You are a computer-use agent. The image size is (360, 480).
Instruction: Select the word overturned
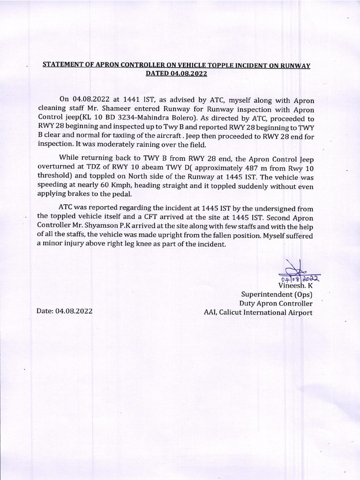click(57, 167)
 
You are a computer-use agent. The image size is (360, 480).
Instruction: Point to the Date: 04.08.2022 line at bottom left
click(65, 311)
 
